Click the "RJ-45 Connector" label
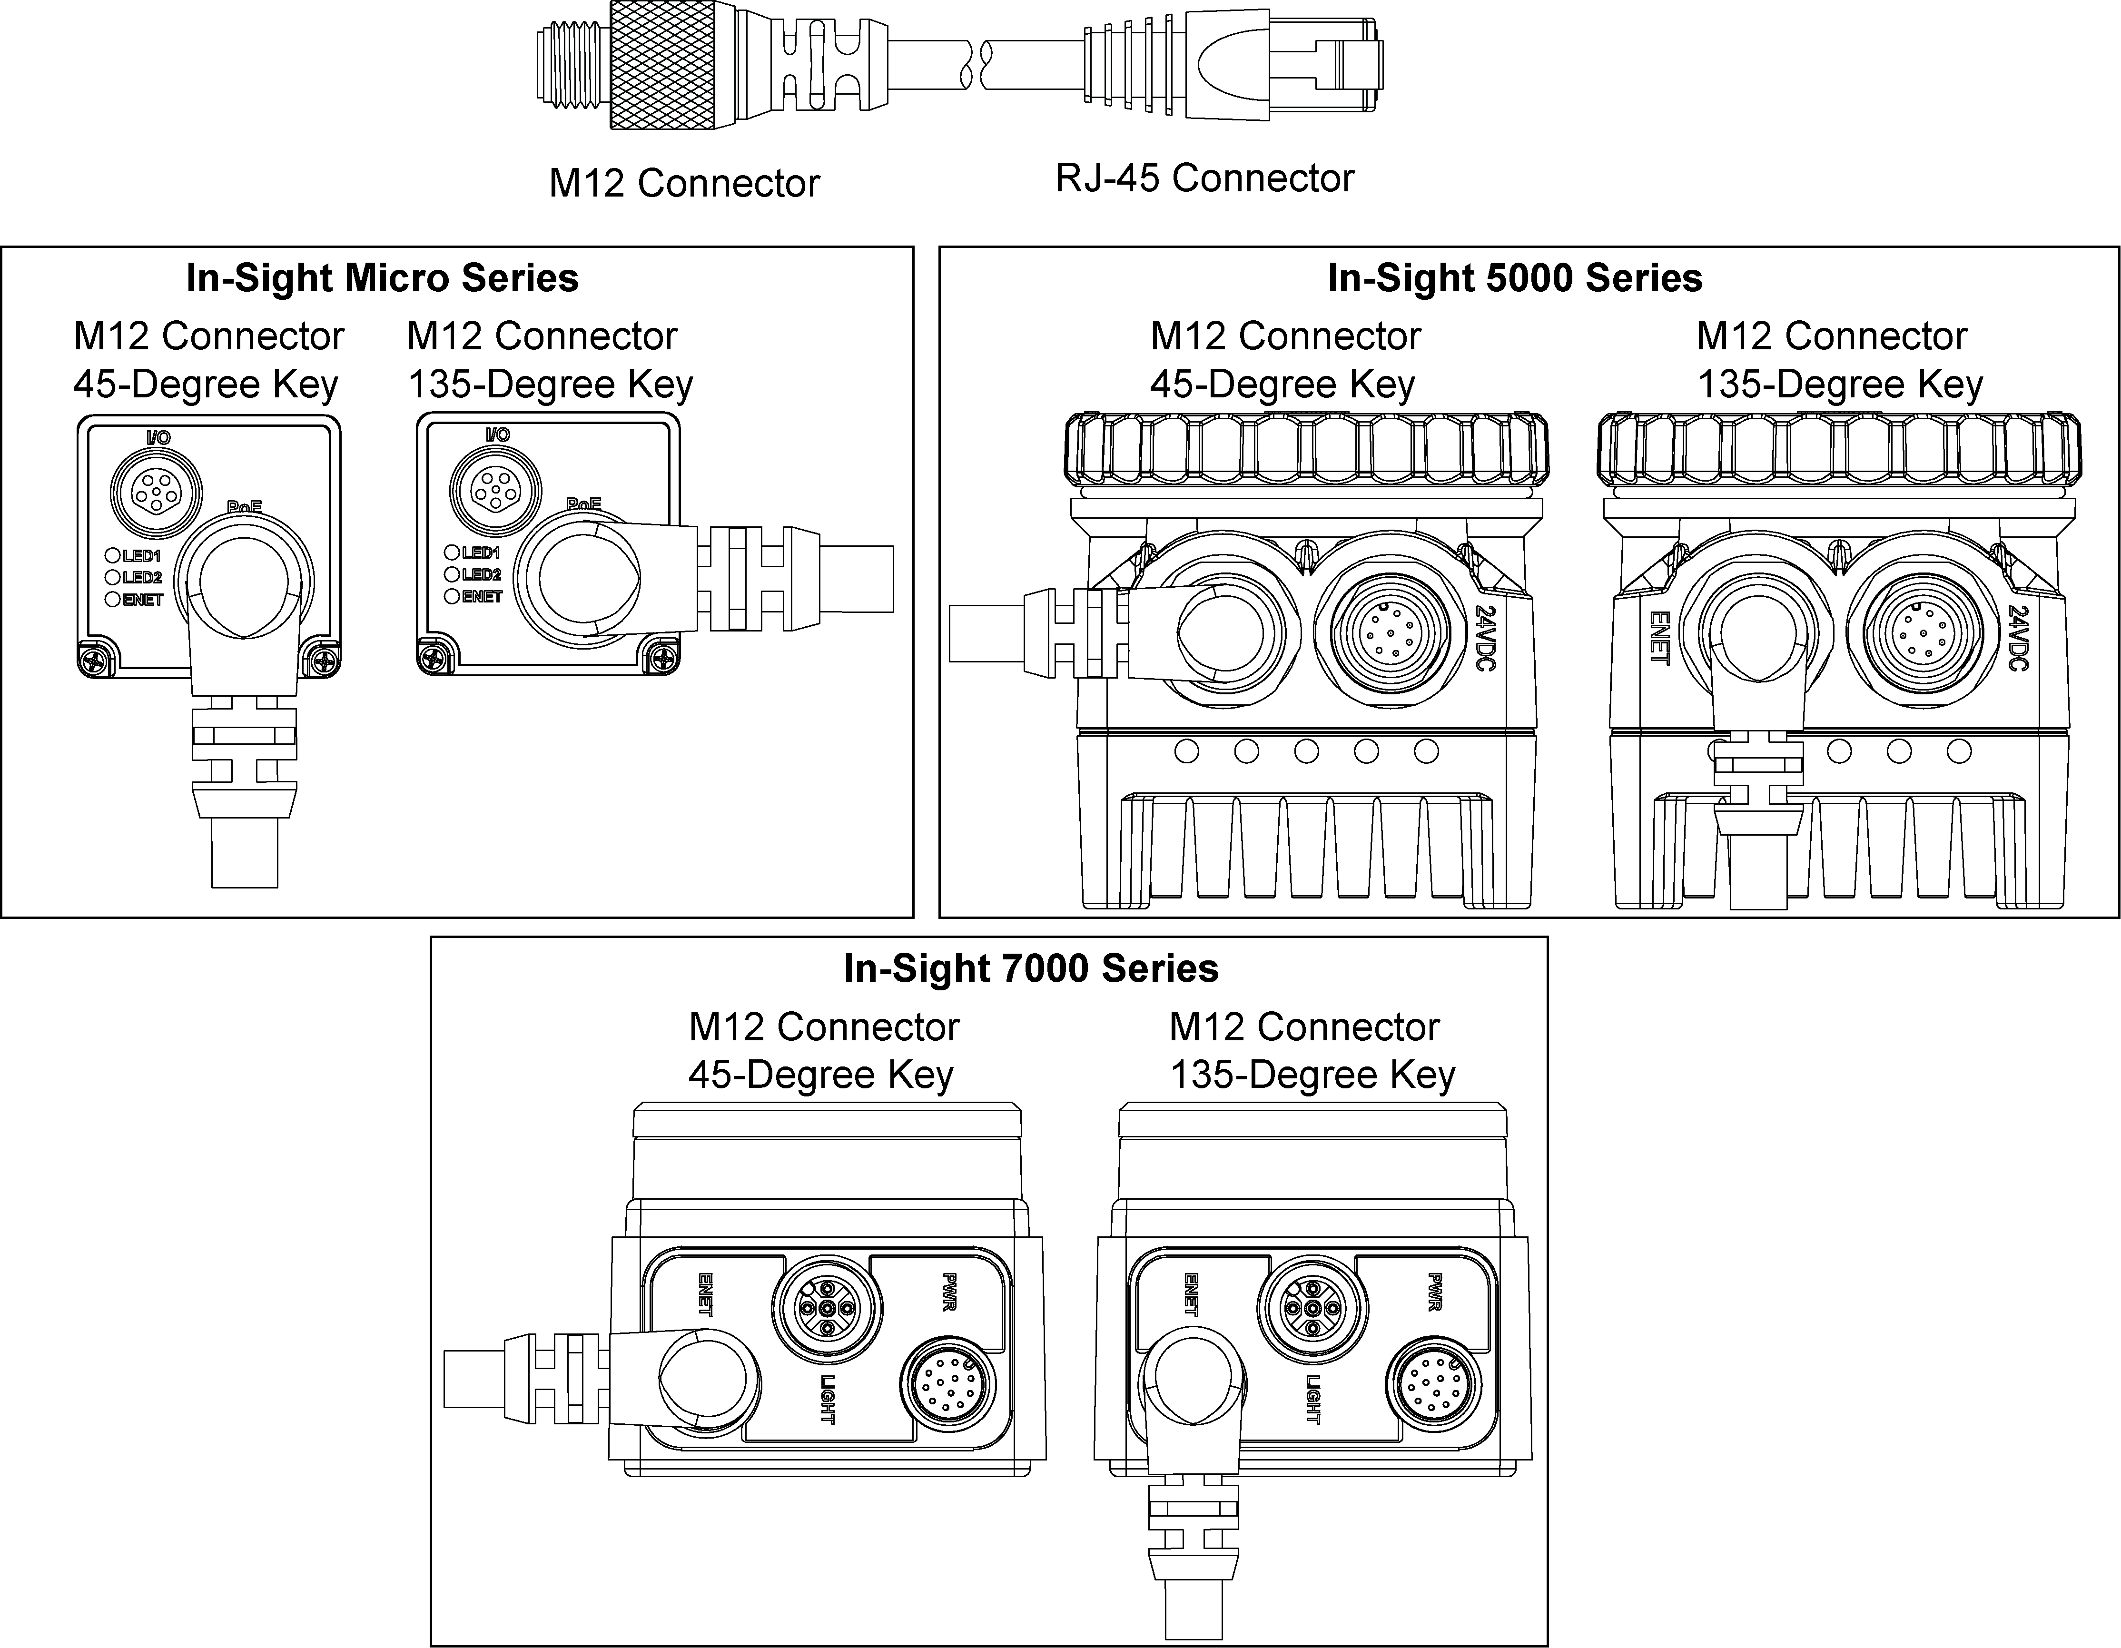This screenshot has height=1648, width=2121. pyautogui.click(x=1204, y=178)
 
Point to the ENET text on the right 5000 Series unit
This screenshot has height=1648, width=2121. pyautogui.click(x=1660, y=638)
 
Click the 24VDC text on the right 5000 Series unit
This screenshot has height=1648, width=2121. pyautogui.click(x=2018, y=638)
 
